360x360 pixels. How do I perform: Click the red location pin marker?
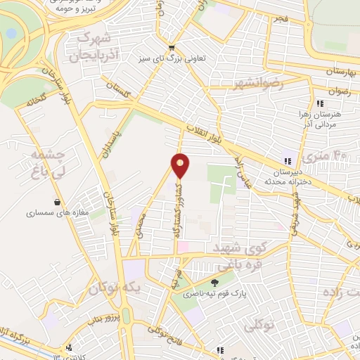click(181, 166)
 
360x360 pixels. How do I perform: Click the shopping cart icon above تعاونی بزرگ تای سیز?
click(171, 48)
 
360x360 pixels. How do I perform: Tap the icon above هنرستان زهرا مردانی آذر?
click(320, 103)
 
